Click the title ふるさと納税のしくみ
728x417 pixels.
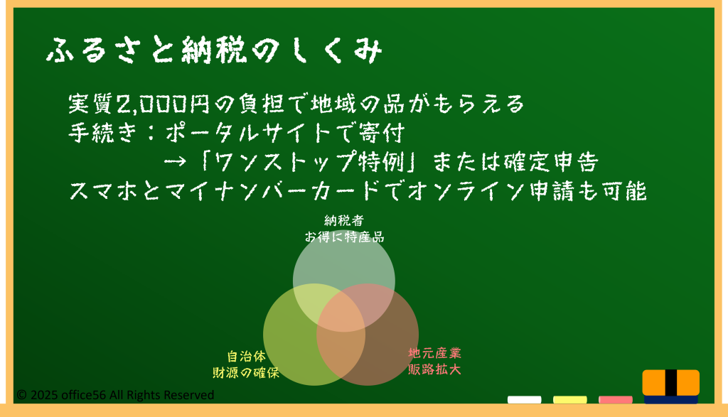coord(214,50)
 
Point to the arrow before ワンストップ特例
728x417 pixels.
coord(175,162)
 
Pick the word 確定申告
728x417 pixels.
coord(551,162)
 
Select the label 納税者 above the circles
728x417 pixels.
coord(344,220)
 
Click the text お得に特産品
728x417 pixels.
coord(344,237)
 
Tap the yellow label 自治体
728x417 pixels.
coord(247,356)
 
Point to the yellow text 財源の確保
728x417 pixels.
coord(247,372)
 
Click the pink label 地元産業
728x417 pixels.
coord(434,353)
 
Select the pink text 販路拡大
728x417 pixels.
coord(434,369)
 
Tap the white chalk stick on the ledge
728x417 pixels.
coord(524,400)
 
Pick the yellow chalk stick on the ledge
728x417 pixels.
coord(569,400)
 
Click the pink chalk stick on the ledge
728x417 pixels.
coord(615,400)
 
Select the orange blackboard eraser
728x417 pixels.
coord(671,386)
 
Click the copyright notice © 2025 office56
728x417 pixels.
coord(115,395)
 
